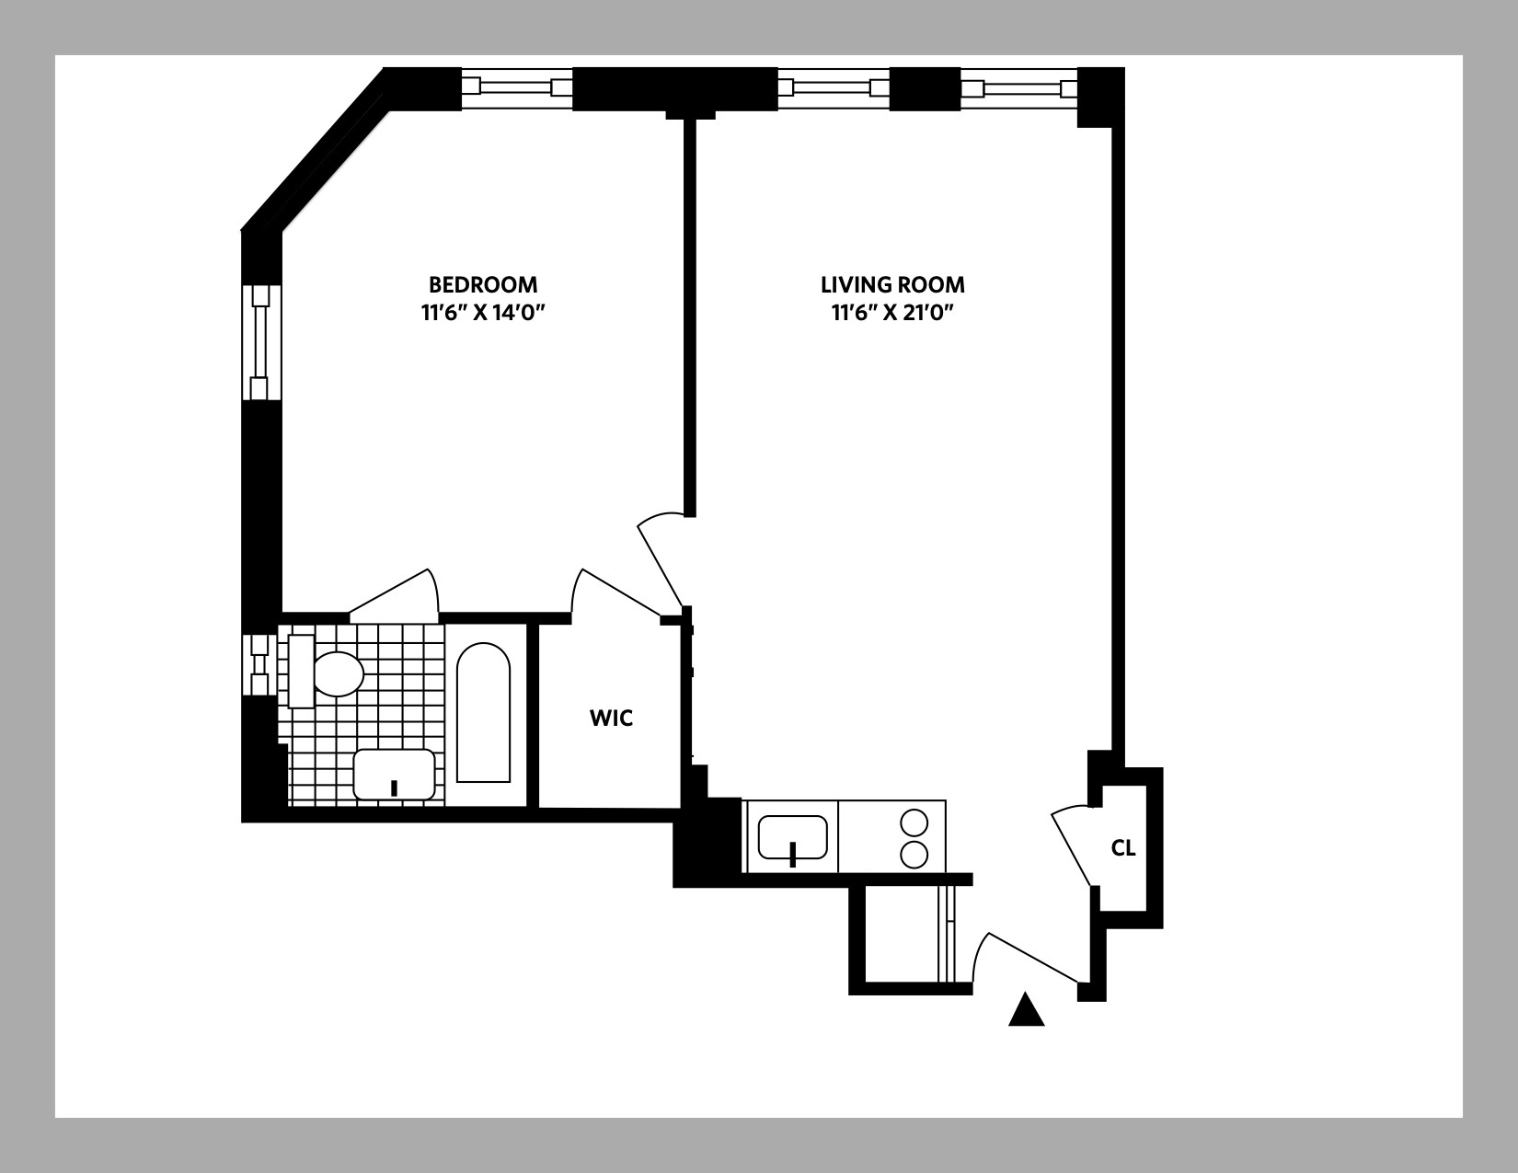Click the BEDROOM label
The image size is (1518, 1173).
(x=482, y=284)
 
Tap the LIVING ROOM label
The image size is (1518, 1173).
(x=892, y=284)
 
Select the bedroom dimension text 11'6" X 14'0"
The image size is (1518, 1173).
(x=484, y=313)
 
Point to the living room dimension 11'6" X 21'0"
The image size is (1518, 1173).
(x=892, y=313)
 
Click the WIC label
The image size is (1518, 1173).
(x=611, y=719)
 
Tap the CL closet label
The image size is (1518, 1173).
(x=1122, y=848)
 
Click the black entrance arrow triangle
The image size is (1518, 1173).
(x=1027, y=1010)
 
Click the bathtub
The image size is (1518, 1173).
(x=483, y=713)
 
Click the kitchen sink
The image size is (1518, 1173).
(x=792, y=837)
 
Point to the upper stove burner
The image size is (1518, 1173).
(x=914, y=822)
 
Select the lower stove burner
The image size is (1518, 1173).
(x=914, y=855)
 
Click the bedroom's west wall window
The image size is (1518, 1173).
(x=259, y=342)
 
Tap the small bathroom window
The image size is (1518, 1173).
(x=259, y=662)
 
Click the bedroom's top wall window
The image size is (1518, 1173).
(x=517, y=88)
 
